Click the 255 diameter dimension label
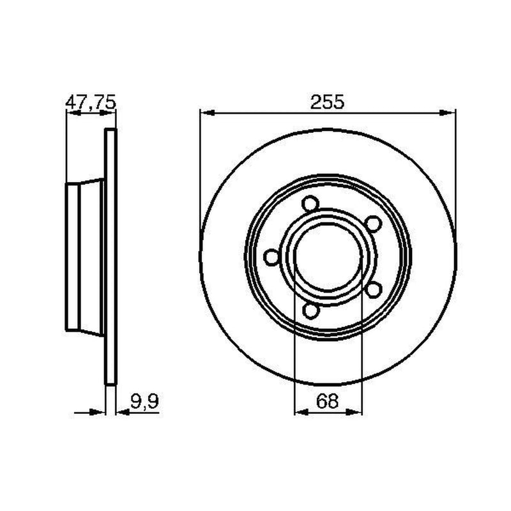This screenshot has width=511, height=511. click(x=327, y=102)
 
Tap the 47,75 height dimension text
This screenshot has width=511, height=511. click(x=91, y=102)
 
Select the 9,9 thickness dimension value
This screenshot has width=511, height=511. click(x=144, y=401)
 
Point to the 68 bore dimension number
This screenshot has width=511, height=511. click(x=327, y=401)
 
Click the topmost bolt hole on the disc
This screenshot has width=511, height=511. click(x=310, y=204)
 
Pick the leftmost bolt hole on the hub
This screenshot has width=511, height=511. click(x=271, y=257)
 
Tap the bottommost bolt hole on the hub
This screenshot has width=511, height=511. click(x=310, y=310)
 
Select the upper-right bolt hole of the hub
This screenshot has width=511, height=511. click(x=373, y=224)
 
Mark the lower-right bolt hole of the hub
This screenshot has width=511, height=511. click(x=374, y=290)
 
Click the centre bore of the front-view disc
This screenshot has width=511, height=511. click(x=328, y=257)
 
